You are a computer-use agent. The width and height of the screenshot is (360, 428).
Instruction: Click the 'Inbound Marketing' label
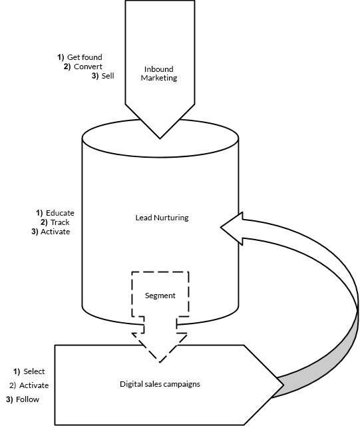(x=159, y=73)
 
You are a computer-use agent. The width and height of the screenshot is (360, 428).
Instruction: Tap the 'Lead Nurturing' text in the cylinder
(x=162, y=218)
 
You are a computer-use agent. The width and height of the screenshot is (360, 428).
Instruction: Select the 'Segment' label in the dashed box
(x=160, y=296)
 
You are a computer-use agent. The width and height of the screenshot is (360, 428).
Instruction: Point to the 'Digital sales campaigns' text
(x=160, y=384)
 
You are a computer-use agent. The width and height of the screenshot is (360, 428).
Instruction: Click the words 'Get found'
(x=85, y=57)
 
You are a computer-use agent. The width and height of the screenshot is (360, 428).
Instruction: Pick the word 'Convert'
(x=88, y=67)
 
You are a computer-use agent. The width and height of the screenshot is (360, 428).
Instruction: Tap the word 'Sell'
(x=108, y=76)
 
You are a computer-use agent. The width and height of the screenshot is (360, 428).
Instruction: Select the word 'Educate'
(x=60, y=213)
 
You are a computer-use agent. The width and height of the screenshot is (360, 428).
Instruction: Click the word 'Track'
(x=60, y=222)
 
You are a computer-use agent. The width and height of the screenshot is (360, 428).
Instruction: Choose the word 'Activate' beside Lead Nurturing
(x=55, y=232)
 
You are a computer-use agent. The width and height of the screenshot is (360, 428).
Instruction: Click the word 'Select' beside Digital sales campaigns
(x=34, y=371)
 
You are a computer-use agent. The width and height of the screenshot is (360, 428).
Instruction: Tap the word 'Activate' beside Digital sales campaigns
(x=34, y=385)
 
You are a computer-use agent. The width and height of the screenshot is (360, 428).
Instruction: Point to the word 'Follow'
(x=27, y=399)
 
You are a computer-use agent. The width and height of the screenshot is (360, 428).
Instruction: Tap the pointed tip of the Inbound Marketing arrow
(x=160, y=138)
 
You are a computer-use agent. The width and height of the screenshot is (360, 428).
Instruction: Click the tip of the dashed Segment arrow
(x=160, y=363)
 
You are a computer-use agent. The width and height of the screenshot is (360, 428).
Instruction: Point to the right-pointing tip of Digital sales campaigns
(x=283, y=385)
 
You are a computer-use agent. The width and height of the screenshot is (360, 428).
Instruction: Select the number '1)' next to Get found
(x=61, y=57)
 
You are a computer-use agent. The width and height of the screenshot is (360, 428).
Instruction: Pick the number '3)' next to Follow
(x=9, y=399)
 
